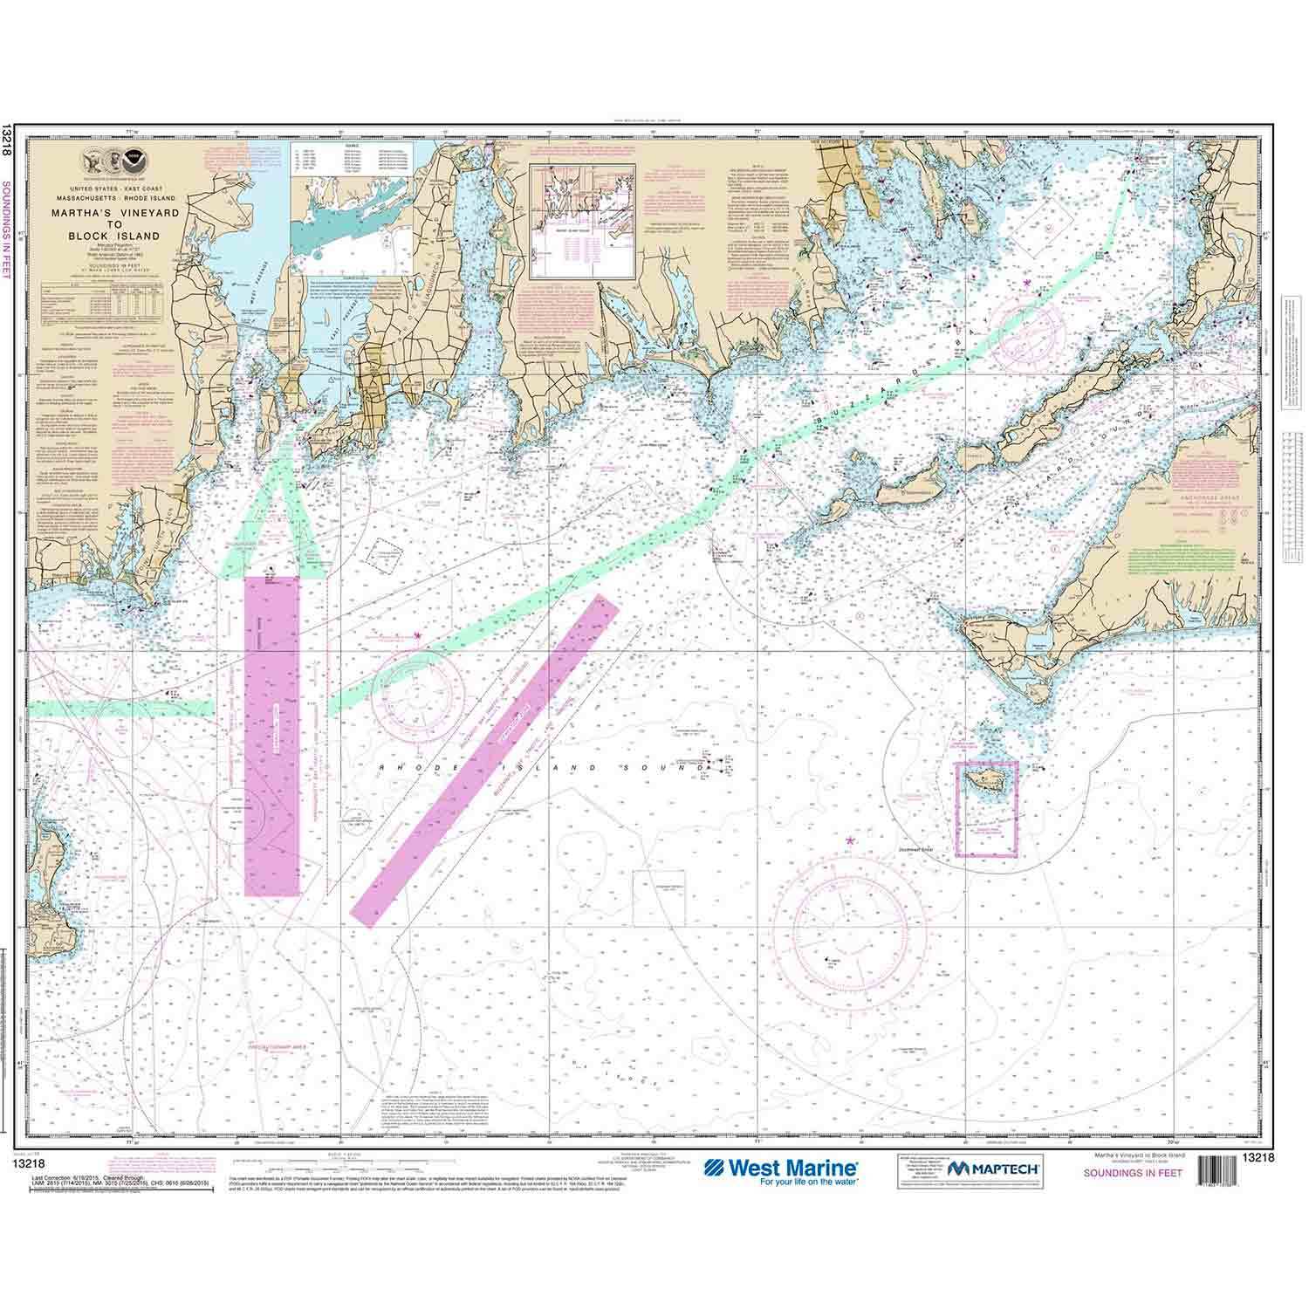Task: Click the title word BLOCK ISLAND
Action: [x=128, y=236]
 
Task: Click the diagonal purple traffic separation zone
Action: [x=484, y=760]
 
